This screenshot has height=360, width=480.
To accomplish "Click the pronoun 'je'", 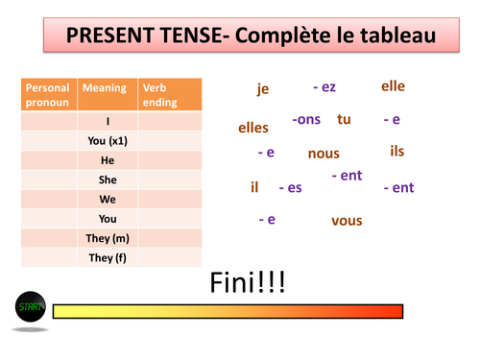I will pyautogui.click(x=263, y=89).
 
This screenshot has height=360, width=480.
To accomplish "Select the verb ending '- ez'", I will pyautogui.click(x=324, y=87).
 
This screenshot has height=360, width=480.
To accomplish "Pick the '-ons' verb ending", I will pyautogui.click(x=306, y=120).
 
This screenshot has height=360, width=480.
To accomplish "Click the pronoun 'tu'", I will pyautogui.click(x=344, y=120).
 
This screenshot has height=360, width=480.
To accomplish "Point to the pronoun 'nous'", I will pyautogui.click(x=324, y=154).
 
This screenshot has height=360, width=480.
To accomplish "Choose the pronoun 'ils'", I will pyautogui.click(x=397, y=152).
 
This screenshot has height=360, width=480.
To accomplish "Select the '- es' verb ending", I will pyautogui.click(x=290, y=187).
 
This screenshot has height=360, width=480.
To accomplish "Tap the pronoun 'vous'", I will pyautogui.click(x=347, y=221).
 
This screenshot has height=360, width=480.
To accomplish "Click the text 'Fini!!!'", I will pyautogui.click(x=247, y=283).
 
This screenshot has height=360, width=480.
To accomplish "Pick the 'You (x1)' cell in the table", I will pyautogui.click(x=108, y=141).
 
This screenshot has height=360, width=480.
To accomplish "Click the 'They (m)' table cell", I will pyautogui.click(x=108, y=238).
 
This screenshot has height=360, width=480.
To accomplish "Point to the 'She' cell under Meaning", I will pyautogui.click(x=108, y=180).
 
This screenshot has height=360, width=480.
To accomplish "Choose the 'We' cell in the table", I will pyautogui.click(x=108, y=200).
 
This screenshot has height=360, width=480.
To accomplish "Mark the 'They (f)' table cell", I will pyautogui.click(x=108, y=257).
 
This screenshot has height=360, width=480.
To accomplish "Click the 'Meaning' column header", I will pyautogui.click(x=105, y=88).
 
